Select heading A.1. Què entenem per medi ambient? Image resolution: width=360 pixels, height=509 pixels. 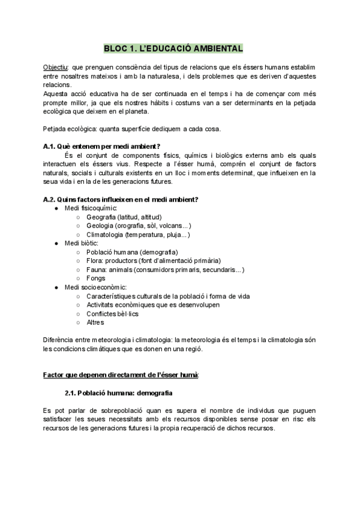[105, 146]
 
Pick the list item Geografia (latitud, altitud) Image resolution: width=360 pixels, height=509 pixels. [124, 217]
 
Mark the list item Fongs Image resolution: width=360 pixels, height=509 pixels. [95, 279]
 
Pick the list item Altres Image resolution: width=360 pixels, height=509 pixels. [95, 322]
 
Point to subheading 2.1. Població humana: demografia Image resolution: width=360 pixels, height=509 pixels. [118, 393]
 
